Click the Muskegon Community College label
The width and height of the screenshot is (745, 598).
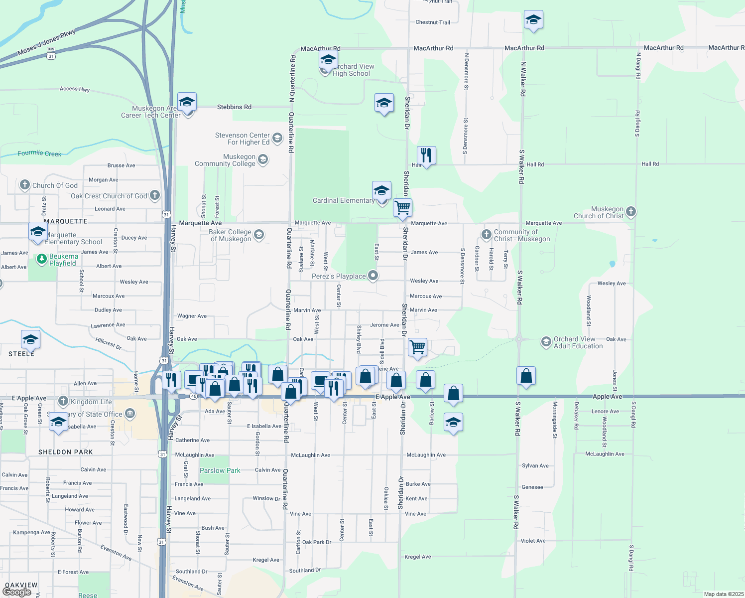[x=225, y=160]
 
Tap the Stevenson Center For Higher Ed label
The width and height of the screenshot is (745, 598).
[x=243, y=139]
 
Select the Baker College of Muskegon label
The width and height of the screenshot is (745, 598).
[x=230, y=235]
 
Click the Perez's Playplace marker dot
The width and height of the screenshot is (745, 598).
[x=373, y=276]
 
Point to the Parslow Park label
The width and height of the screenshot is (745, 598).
[x=220, y=470]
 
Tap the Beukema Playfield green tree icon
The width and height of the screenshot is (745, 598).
[x=42, y=259]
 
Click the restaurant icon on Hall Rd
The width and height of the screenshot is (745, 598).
[x=426, y=155]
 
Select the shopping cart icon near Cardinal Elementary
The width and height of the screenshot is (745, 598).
[x=402, y=207]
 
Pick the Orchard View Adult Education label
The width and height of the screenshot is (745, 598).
[x=578, y=342]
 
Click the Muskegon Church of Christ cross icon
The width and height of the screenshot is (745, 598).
[x=631, y=212]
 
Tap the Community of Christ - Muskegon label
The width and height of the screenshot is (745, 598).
[x=521, y=235]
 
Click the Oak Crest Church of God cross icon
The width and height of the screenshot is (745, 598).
[x=155, y=195]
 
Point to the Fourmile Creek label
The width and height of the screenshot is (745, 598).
[x=39, y=153]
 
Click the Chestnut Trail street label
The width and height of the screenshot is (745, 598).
[x=433, y=22]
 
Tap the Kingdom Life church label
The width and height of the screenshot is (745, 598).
[x=91, y=402]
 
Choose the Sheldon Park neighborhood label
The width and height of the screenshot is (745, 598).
[x=66, y=452]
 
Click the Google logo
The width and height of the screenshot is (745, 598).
[x=17, y=592]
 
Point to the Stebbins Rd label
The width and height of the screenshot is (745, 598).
[x=234, y=107]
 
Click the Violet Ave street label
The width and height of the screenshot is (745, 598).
[x=533, y=541]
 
